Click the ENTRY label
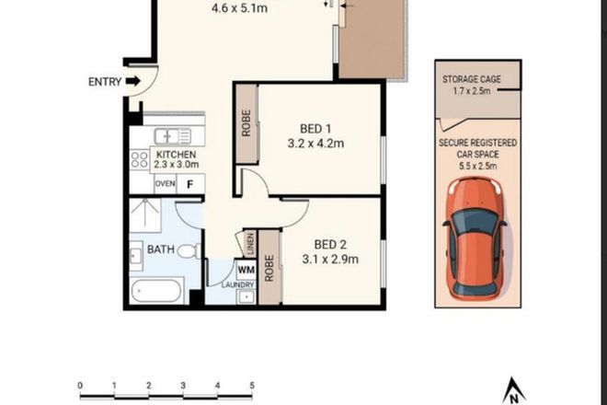coord(104,82)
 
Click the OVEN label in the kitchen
coord(165,184)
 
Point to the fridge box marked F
coord(190,184)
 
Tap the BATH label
coord(147,249)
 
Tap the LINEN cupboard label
coord(249,244)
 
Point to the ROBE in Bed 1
coord(246,123)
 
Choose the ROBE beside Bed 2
coord(269,267)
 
